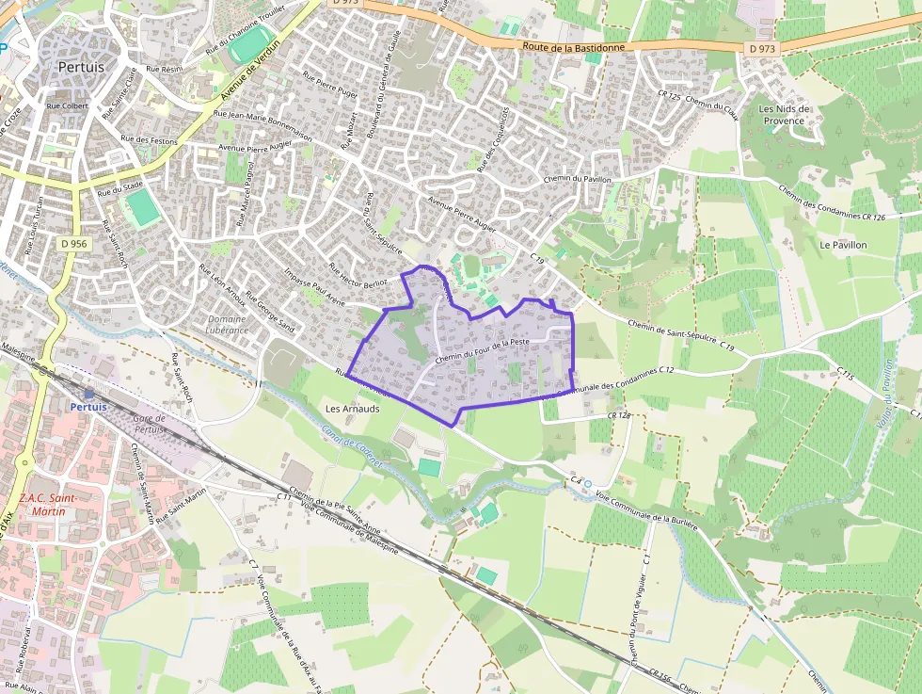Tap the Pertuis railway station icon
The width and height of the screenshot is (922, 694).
click(x=88, y=395)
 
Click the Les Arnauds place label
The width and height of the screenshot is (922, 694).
click(x=352, y=410)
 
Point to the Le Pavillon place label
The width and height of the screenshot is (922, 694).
click(x=842, y=245)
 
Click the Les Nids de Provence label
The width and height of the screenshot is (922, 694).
click(x=784, y=115)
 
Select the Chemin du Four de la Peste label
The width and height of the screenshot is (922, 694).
click(x=484, y=350)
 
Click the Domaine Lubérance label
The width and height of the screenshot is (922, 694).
click(x=227, y=325)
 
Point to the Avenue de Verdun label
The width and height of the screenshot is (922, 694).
click(x=251, y=71)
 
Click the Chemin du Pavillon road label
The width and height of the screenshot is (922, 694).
click(x=577, y=179)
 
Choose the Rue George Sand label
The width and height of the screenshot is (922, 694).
click(x=270, y=313)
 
